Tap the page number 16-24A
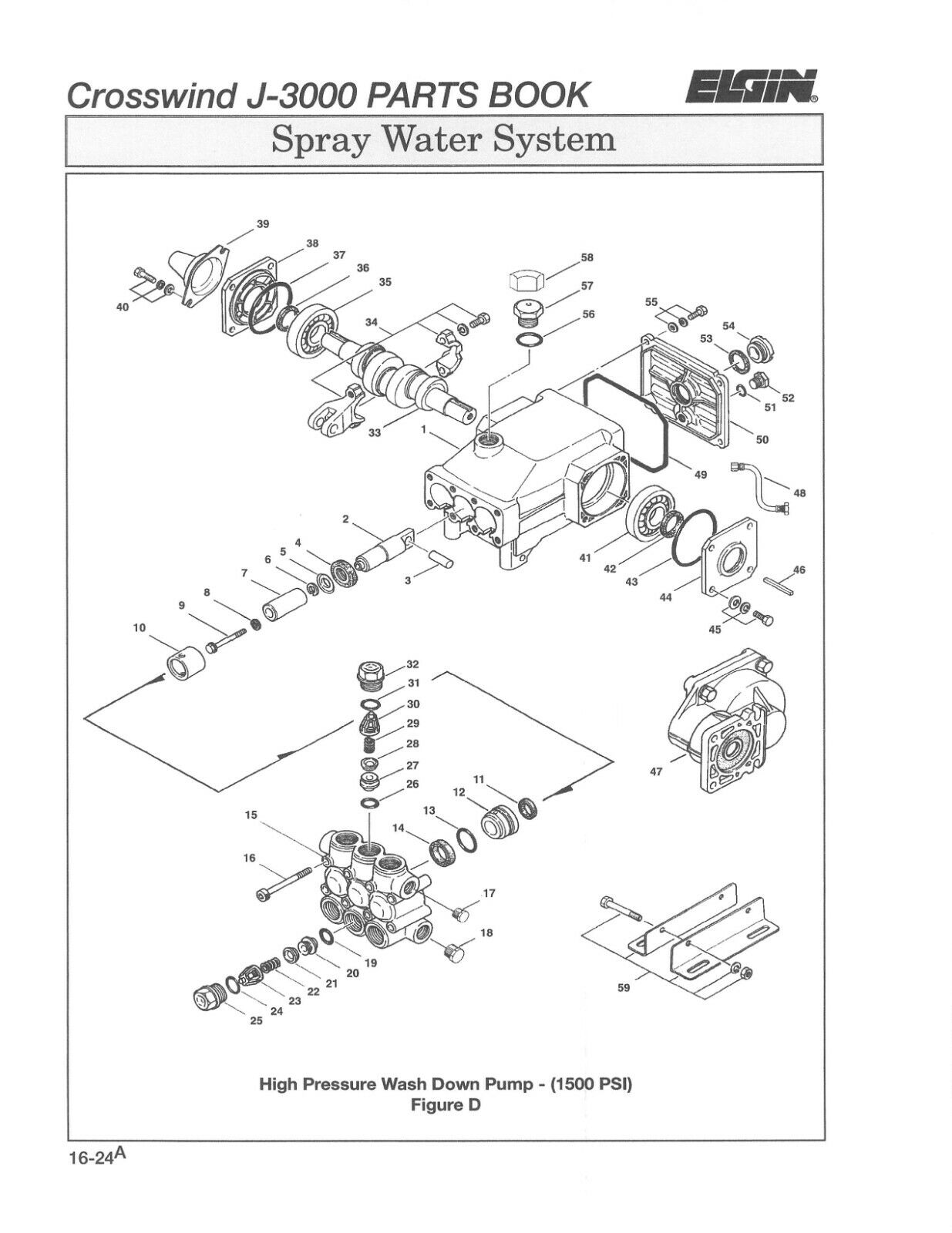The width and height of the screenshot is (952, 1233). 95,1158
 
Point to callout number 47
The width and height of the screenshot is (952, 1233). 657,771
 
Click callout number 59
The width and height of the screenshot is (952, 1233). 624,987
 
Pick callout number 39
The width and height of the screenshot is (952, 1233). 263,224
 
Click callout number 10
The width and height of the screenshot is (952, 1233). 140,628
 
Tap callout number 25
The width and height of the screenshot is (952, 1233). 257,1021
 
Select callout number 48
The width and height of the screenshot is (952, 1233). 799,492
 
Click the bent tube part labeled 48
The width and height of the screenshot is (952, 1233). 759,483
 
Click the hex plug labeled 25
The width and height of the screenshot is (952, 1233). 207,1000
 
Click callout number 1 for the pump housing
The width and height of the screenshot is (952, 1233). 423,432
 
